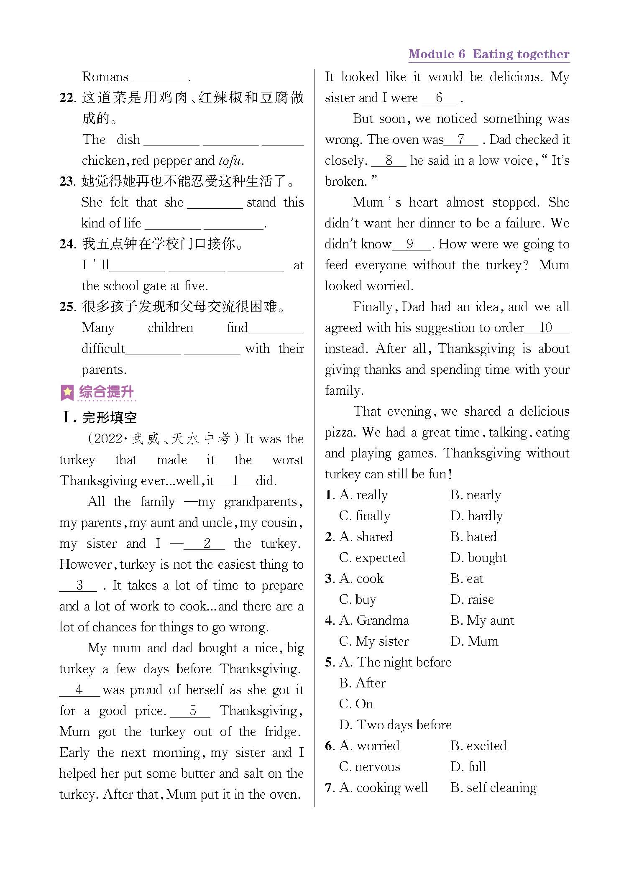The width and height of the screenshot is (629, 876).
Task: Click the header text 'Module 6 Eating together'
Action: [488, 54]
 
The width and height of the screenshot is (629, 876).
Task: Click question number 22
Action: [67, 98]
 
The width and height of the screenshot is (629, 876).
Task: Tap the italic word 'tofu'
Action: [230, 161]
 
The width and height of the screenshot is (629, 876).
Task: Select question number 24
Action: [67, 244]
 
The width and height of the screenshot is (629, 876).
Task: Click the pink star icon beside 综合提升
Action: [67, 392]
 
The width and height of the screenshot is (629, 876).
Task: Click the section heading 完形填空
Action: [110, 417]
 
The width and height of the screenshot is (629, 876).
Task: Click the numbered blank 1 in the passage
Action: [235, 481]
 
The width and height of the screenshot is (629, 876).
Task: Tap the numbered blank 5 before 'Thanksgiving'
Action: [192, 711]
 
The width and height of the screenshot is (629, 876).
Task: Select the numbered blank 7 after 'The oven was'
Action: [460, 140]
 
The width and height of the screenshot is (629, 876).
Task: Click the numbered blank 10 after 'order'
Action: [546, 328]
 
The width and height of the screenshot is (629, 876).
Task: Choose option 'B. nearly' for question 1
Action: [476, 495]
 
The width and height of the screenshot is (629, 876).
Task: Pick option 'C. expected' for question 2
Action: [372, 558]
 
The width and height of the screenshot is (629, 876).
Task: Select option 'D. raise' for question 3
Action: [472, 600]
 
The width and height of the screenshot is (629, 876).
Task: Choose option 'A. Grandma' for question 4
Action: [374, 621]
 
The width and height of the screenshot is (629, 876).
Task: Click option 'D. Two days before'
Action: [396, 725]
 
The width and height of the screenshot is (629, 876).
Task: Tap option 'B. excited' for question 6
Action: [478, 746]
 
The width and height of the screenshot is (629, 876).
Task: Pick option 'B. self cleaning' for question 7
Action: [493, 788]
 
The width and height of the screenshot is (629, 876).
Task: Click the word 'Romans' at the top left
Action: [105, 77]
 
